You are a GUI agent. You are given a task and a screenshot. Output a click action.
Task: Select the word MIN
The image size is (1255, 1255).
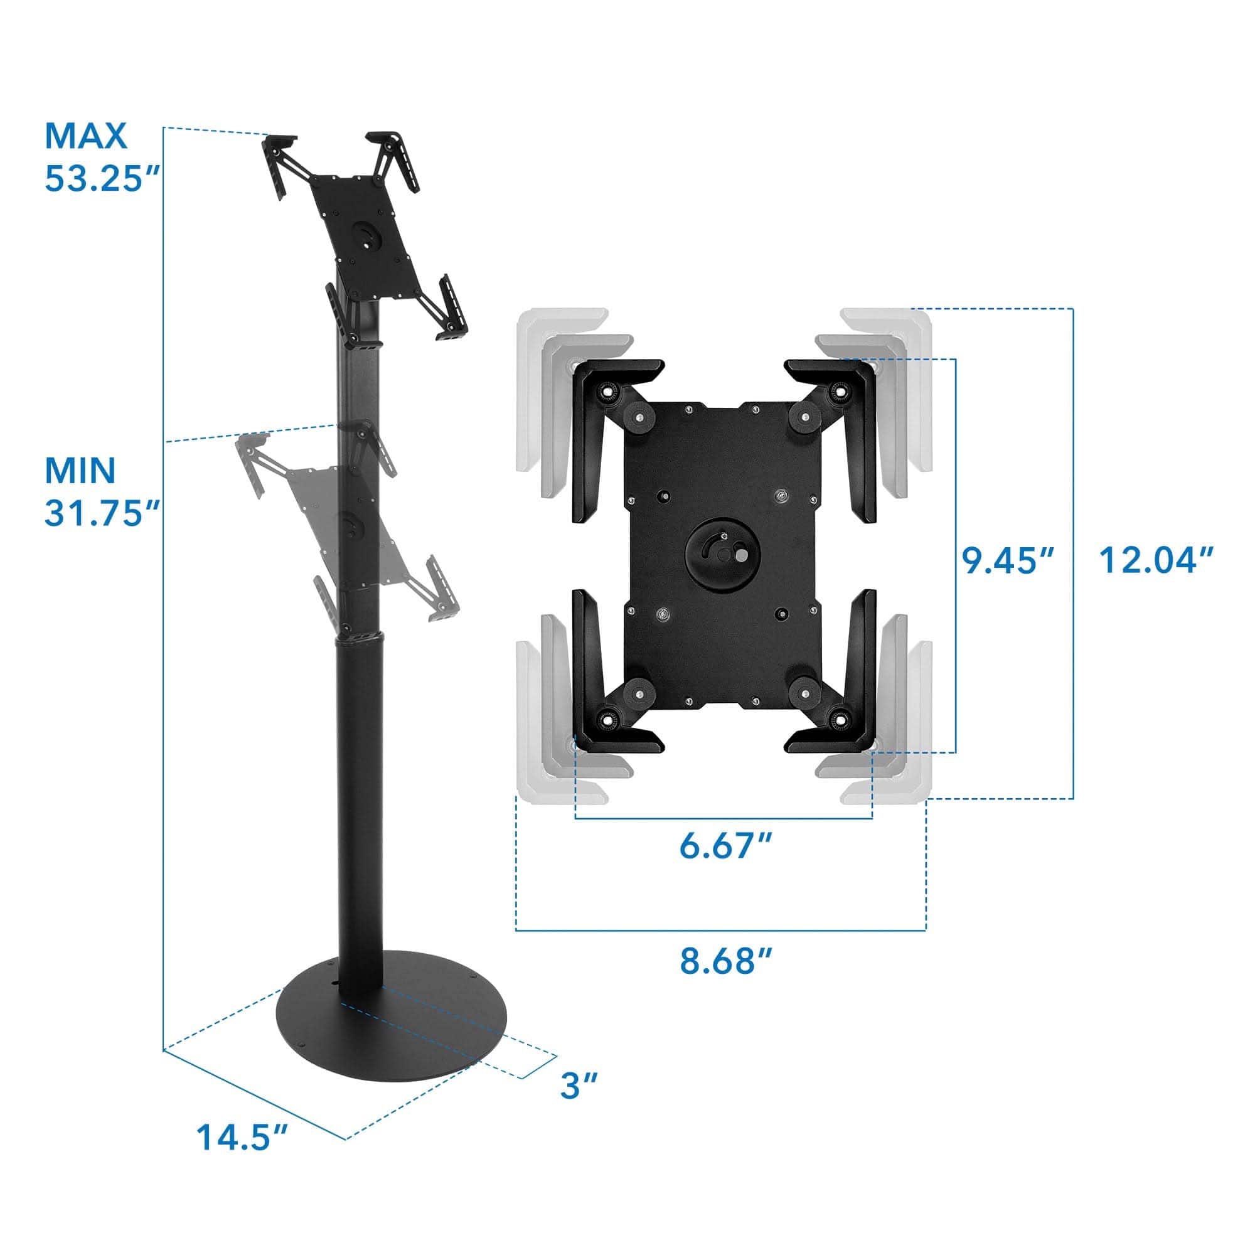(x=80, y=470)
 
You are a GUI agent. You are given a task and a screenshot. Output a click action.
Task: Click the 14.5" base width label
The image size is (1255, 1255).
(x=242, y=1155)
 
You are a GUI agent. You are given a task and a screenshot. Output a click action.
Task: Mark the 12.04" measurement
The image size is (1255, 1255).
(x=1156, y=560)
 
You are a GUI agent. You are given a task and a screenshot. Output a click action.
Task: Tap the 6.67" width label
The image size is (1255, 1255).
(x=725, y=846)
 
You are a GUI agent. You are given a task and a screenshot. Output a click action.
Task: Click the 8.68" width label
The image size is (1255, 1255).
(x=725, y=962)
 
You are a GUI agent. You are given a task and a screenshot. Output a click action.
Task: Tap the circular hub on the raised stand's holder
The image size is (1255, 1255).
(x=366, y=238)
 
